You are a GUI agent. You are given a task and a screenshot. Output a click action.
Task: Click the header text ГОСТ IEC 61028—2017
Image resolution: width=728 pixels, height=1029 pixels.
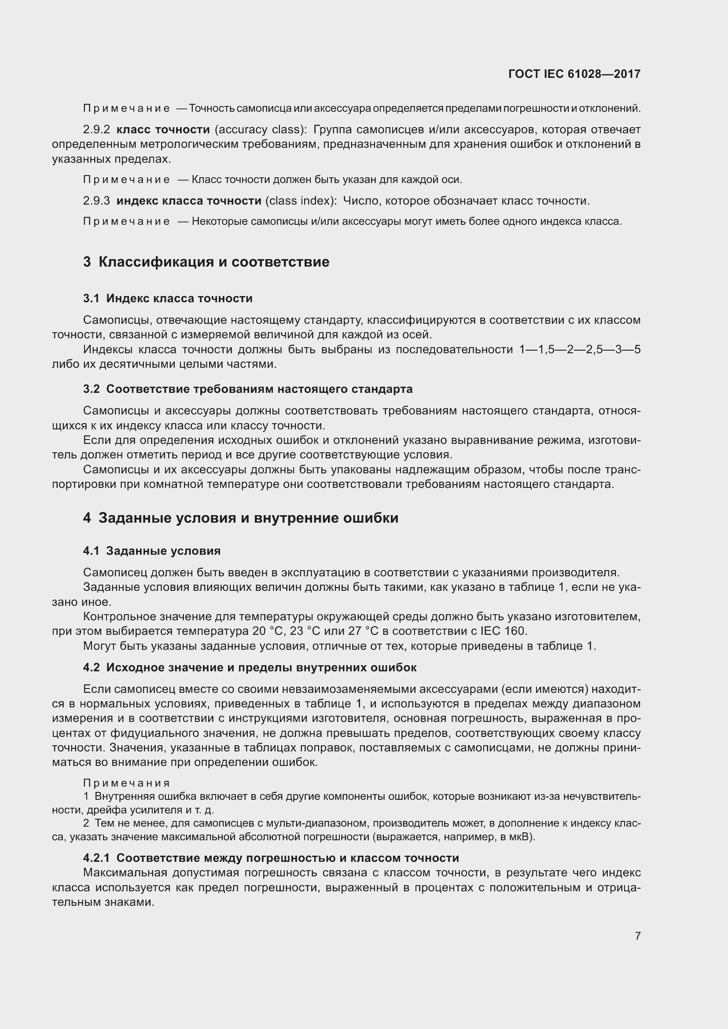[x=574, y=74]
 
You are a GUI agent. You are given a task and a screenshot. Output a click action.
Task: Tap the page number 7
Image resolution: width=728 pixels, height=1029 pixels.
[x=637, y=936]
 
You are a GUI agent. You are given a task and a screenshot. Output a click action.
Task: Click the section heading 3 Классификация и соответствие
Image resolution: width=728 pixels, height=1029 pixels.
[x=206, y=262]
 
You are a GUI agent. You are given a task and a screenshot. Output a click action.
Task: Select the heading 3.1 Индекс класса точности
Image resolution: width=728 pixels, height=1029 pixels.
[x=168, y=298]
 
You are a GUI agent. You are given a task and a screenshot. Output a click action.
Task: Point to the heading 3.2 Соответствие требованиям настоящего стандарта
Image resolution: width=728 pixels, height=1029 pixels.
[x=247, y=389]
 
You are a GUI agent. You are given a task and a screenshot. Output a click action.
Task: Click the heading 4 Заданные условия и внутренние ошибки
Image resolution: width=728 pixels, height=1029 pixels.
[x=241, y=518]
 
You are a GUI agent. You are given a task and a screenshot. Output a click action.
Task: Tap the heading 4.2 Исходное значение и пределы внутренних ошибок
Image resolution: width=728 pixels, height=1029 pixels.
[x=250, y=668]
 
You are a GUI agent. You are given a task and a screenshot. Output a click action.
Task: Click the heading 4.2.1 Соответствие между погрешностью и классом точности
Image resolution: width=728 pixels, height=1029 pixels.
[x=271, y=858]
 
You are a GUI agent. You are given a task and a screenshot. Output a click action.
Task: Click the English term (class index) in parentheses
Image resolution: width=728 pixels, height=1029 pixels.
[x=301, y=201]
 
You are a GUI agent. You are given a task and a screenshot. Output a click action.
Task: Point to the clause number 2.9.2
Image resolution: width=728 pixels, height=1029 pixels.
[x=96, y=130]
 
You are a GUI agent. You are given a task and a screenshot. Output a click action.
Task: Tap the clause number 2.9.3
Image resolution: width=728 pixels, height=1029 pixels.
[x=96, y=201]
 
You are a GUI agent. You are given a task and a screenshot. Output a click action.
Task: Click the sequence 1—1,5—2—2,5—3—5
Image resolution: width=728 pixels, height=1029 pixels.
[x=580, y=350]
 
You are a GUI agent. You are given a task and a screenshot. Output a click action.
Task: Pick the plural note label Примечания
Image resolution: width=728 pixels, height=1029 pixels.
[x=126, y=783]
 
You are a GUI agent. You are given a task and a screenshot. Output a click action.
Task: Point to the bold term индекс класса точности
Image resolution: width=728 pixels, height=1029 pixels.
[x=189, y=201]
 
